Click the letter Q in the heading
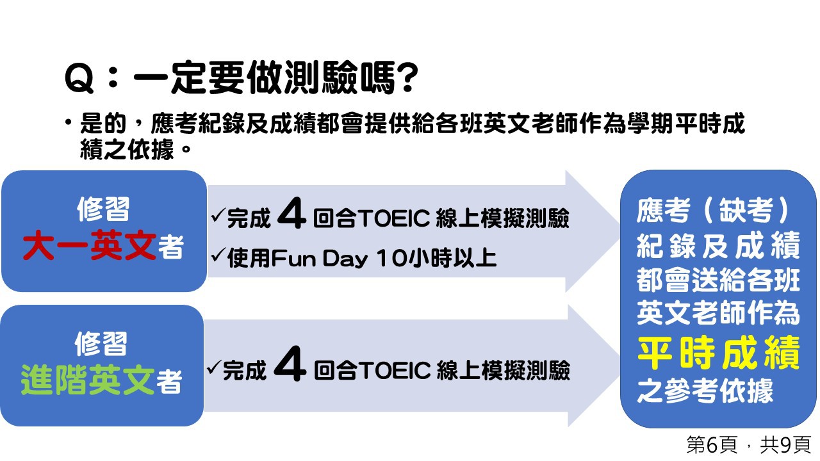pos(79,78)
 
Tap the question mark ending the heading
pos(407,77)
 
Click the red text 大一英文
pos(90,245)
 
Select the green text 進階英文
pos(88,380)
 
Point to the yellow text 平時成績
pos(718,352)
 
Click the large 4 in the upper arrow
pos(291,213)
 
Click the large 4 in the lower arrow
pos(290,364)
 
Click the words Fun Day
pos(319,258)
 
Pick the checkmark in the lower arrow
pos(214,368)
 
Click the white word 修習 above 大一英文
pos(103,209)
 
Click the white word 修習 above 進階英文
pos(101,344)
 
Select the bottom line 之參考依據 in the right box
pos(705,391)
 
